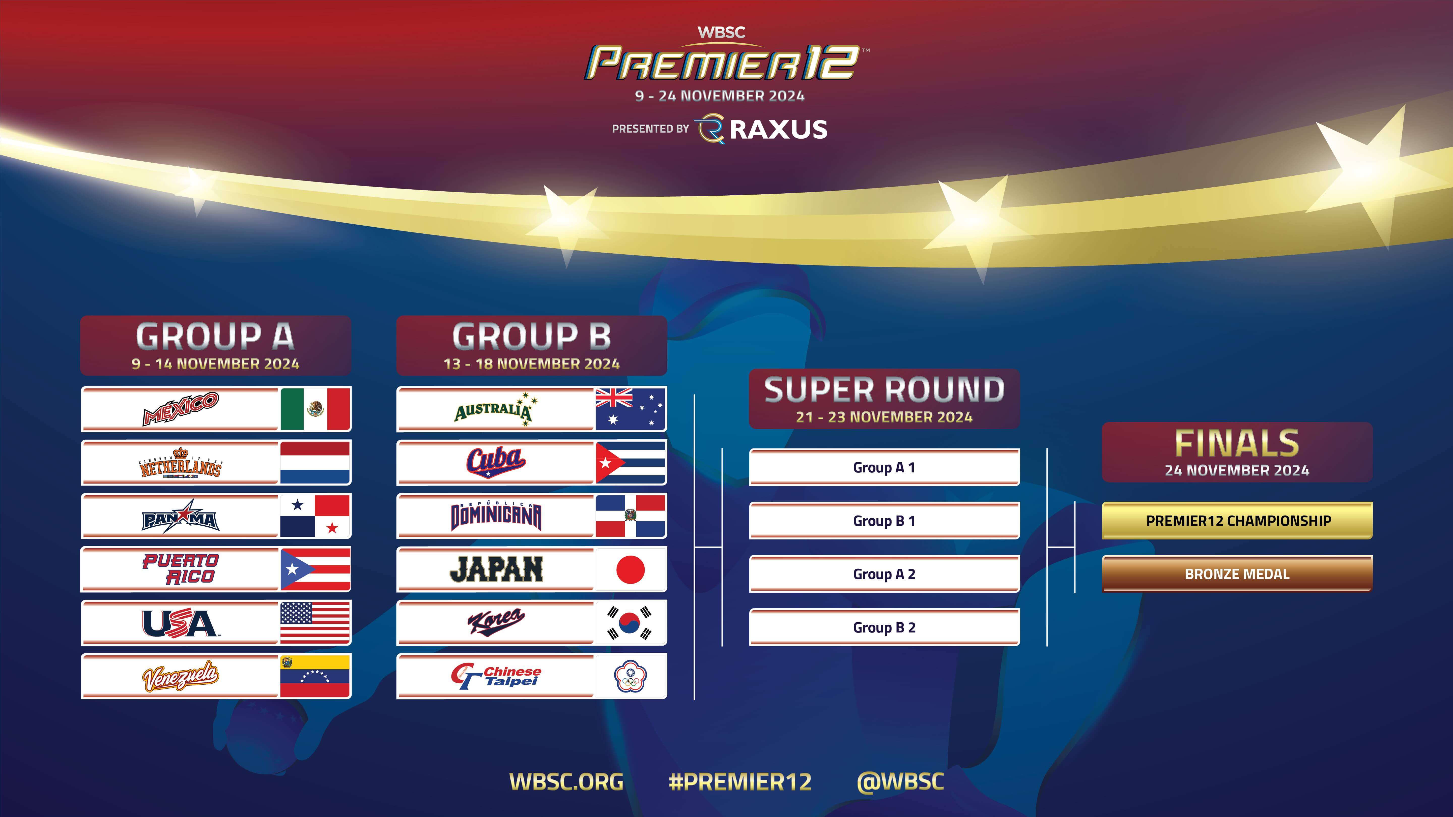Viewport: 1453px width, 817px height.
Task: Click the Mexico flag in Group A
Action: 315,409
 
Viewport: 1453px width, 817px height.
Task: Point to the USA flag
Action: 315,622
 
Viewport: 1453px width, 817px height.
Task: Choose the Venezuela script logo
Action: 181,676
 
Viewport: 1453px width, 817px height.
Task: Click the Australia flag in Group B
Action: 631,409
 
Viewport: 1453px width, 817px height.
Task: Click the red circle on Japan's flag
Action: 631,569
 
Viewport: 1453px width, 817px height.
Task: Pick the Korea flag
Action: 631,622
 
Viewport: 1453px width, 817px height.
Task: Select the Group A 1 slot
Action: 884,467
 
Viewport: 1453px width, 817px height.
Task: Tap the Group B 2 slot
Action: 884,627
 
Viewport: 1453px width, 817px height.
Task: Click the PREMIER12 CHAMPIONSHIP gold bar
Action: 1238,520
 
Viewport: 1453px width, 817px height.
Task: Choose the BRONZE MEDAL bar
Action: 1238,574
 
